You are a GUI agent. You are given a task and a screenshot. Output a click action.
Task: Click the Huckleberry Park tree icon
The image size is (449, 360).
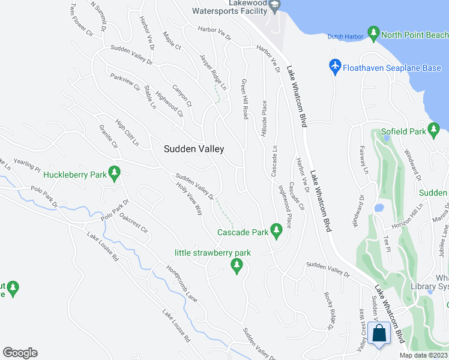(114, 175)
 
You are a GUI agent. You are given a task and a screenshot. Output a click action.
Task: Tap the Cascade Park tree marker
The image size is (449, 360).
(276, 231)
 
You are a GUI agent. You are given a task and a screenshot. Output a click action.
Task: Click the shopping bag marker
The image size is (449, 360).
(380, 334)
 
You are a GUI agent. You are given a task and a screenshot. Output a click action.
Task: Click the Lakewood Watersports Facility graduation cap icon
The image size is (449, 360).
(274, 6)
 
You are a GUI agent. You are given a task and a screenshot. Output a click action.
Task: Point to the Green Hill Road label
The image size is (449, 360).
(245, 99)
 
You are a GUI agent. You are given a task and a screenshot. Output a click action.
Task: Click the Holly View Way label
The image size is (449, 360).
(190, 199)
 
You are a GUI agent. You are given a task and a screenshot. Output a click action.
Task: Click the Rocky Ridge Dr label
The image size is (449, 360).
(328, 311)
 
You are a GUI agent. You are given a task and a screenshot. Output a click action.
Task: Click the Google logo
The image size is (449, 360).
(20, 353)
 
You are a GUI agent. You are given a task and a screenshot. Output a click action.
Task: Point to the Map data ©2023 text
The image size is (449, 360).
(424, 355)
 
